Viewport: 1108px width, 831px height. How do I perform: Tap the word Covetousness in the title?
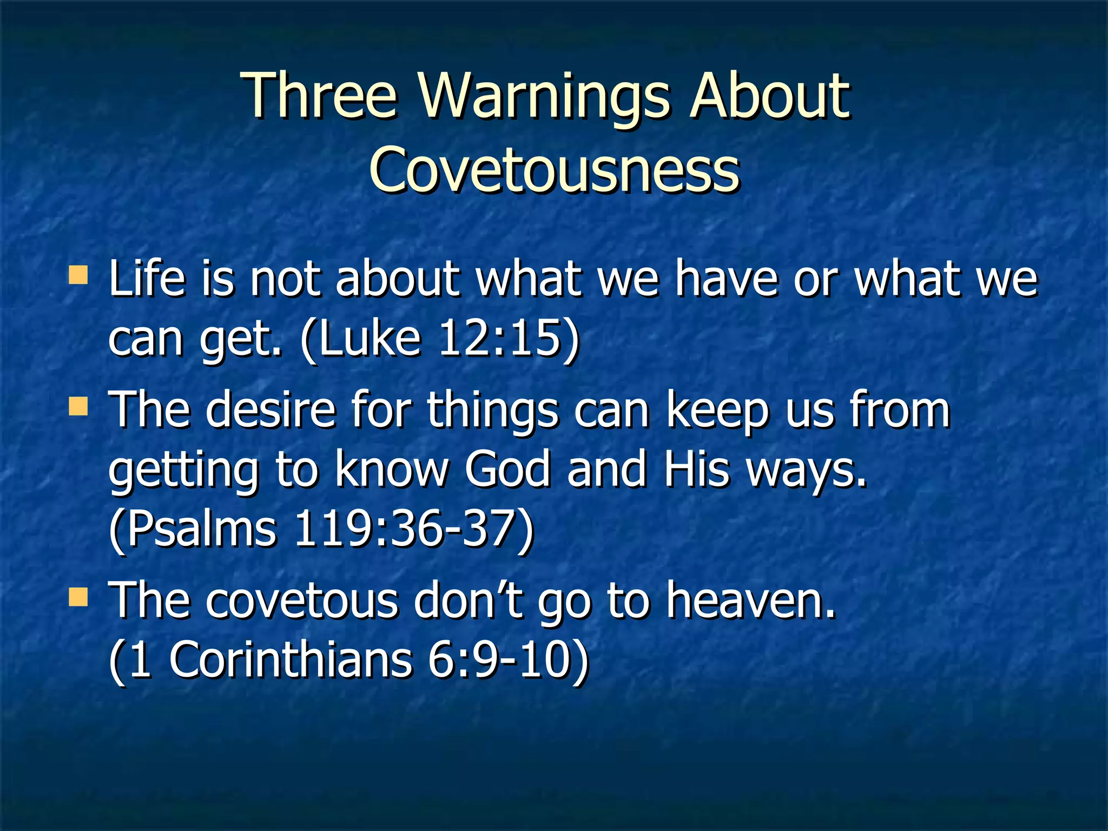554,170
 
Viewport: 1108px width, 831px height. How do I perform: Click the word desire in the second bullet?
271,410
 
